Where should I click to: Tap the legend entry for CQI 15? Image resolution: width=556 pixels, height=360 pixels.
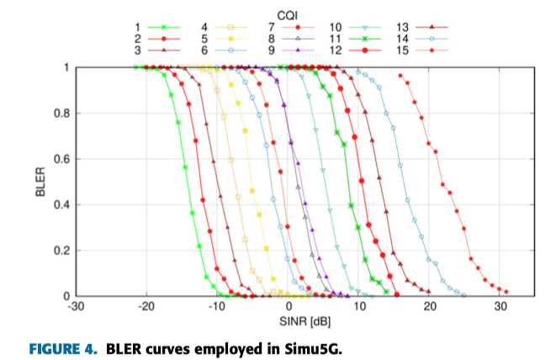434,50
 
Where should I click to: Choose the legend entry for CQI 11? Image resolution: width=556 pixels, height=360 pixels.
367,39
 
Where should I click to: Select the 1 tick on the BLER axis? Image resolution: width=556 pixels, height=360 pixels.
67,67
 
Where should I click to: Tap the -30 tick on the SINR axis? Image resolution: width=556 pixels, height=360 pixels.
76,308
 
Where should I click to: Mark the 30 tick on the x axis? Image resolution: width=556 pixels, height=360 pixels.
500,308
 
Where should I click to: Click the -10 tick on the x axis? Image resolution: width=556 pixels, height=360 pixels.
217,308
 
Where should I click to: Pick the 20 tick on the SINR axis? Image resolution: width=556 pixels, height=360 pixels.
430,308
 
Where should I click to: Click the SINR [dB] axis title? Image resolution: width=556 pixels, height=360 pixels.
288,322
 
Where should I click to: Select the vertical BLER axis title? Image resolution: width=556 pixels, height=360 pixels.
40,182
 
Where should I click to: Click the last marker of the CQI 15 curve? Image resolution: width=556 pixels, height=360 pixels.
506,293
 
